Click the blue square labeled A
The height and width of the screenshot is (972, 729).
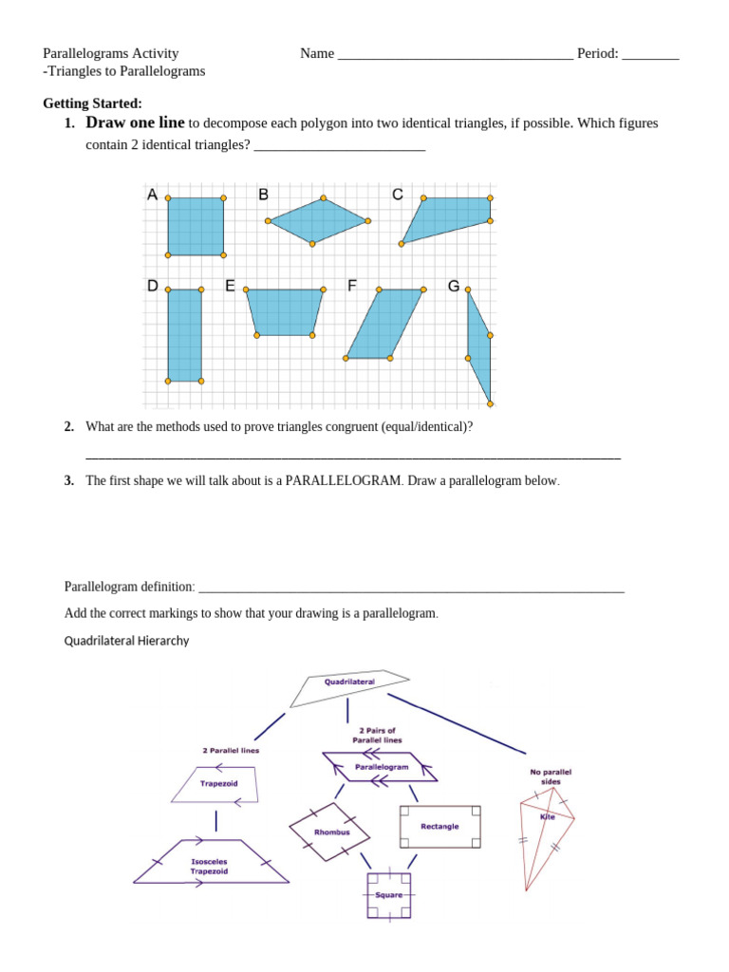196,227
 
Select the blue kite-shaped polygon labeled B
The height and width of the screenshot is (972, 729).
318,220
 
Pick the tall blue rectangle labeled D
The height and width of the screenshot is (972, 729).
184,334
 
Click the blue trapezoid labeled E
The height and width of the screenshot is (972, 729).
285,311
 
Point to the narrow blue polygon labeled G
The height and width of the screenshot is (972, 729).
478,346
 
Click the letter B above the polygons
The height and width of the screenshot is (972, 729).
264,195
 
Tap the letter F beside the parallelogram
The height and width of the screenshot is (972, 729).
351,286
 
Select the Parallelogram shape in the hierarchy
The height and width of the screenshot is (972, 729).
381,766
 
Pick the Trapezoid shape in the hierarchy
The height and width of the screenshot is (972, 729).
218,784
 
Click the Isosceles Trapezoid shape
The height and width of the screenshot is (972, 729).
211,862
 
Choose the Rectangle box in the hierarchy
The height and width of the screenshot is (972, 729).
439,827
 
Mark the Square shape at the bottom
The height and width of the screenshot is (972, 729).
388,895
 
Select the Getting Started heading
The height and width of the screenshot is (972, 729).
92,103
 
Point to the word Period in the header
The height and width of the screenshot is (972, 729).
598,53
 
